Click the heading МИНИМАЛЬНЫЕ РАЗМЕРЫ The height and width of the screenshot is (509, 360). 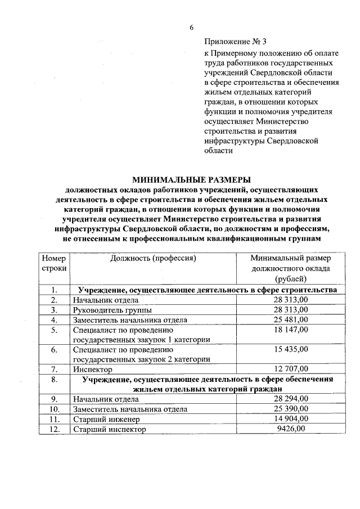(191, 180)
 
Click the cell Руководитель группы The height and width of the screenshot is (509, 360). (112, 310)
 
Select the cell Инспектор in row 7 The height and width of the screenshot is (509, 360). (93, 370)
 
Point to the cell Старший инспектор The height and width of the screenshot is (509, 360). (109, 429)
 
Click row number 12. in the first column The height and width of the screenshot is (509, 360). (55, 429)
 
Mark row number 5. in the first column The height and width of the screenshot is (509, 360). (55, 330)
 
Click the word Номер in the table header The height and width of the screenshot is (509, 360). (54, 258)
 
